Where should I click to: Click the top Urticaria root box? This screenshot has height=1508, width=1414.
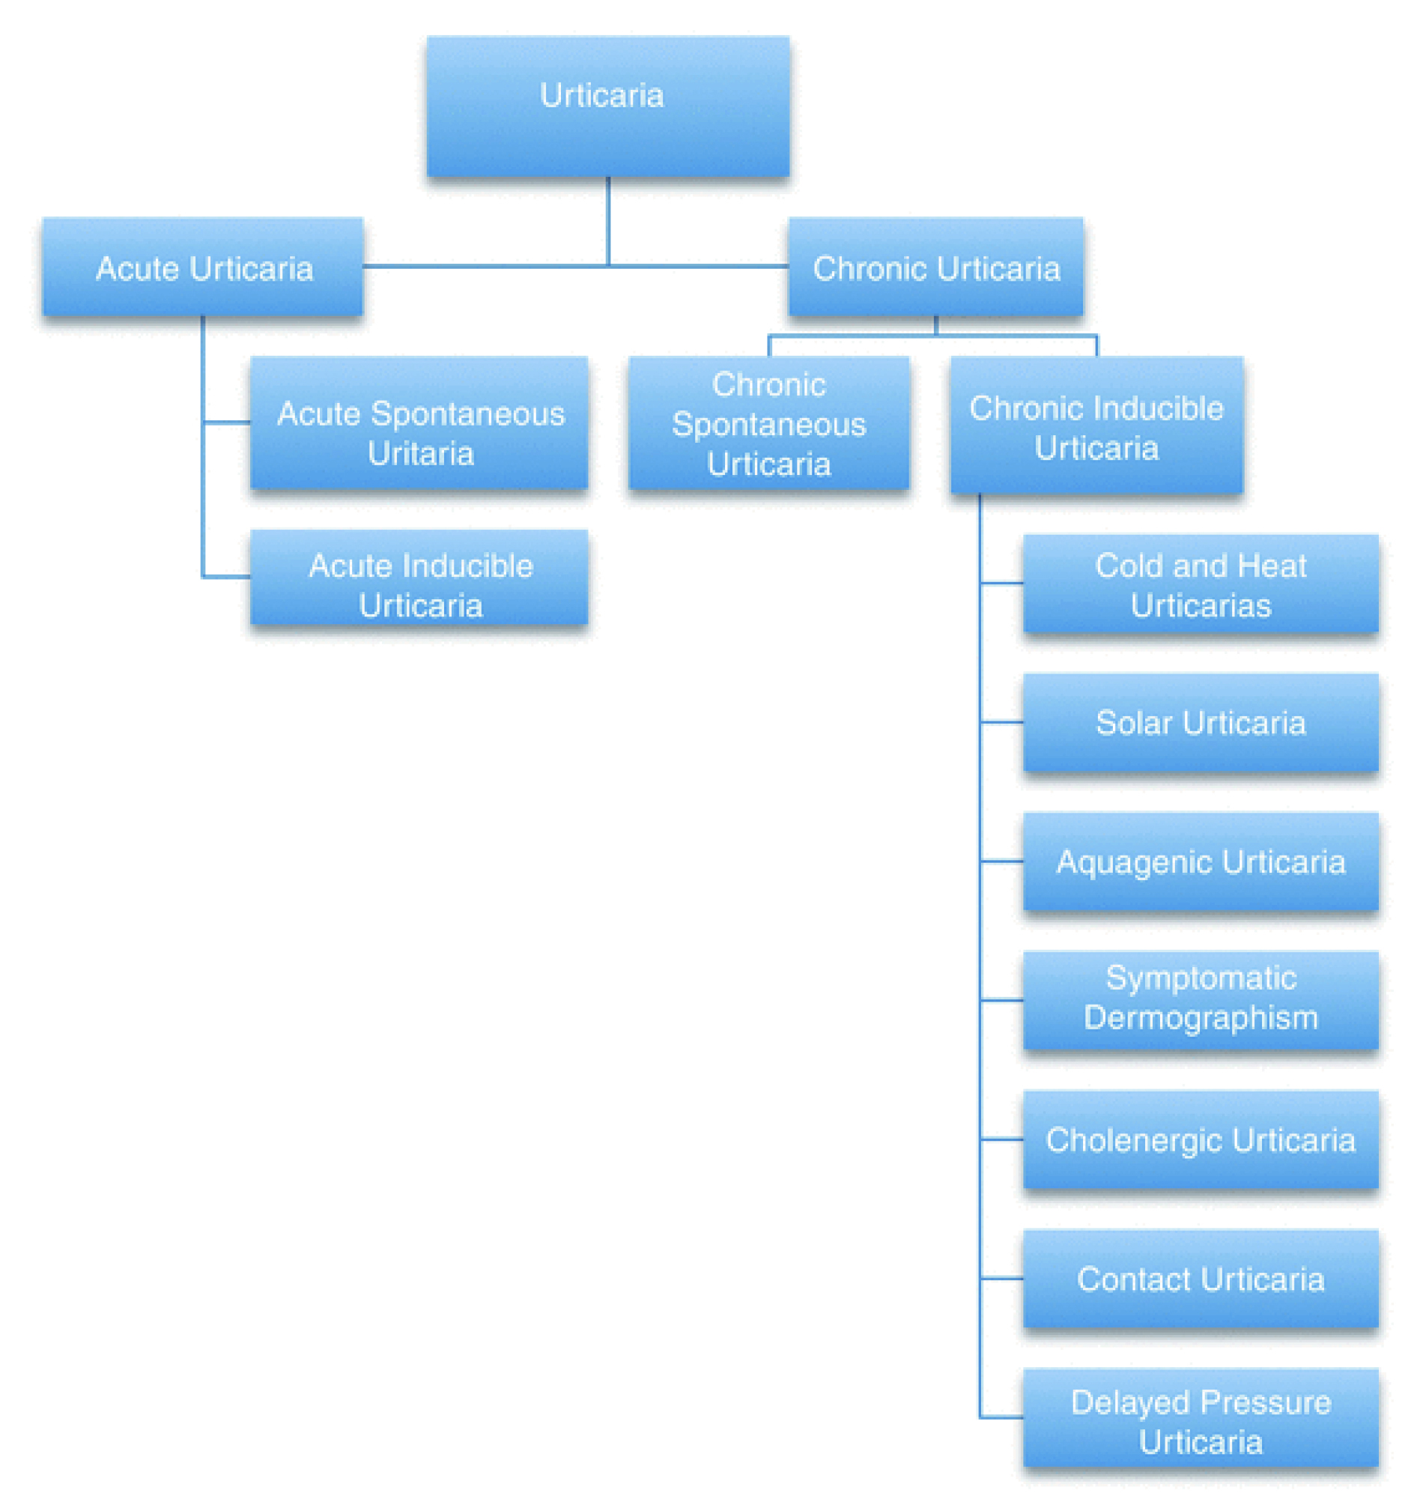[x=607, y=106]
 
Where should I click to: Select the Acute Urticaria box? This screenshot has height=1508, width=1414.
[x=202, y=266]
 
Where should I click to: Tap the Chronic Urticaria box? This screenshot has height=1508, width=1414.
[x=935, y=266]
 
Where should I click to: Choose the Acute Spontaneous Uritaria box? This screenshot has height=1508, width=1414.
[x=419, y=423]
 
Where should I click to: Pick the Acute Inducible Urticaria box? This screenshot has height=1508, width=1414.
[x=419, y=578]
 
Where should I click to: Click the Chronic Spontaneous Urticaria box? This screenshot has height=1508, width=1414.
[x=769, y=423]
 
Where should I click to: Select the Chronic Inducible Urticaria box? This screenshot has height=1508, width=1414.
[x=1096, y=425]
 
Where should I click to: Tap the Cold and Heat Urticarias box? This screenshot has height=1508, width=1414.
[x=1201, y=584]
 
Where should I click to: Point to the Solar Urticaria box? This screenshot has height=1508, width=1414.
[x=1201, y=722]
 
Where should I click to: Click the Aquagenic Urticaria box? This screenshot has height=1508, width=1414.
[x=1201, y=861]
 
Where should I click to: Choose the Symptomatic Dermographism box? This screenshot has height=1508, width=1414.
[x=1201, y=1000]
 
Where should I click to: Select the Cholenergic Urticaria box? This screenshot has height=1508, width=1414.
[x=1201, y=1139]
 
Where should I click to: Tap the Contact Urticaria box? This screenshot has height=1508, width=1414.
[x=1201, y=1278]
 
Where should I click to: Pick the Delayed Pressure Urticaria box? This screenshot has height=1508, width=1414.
[x=1201, y=1417]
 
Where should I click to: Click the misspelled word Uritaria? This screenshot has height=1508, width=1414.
[x=421, y=454]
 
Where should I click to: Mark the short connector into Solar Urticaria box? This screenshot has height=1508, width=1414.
[x=1001, y=722]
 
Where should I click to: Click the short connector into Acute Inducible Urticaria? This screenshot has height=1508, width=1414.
[x=227, y=578]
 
